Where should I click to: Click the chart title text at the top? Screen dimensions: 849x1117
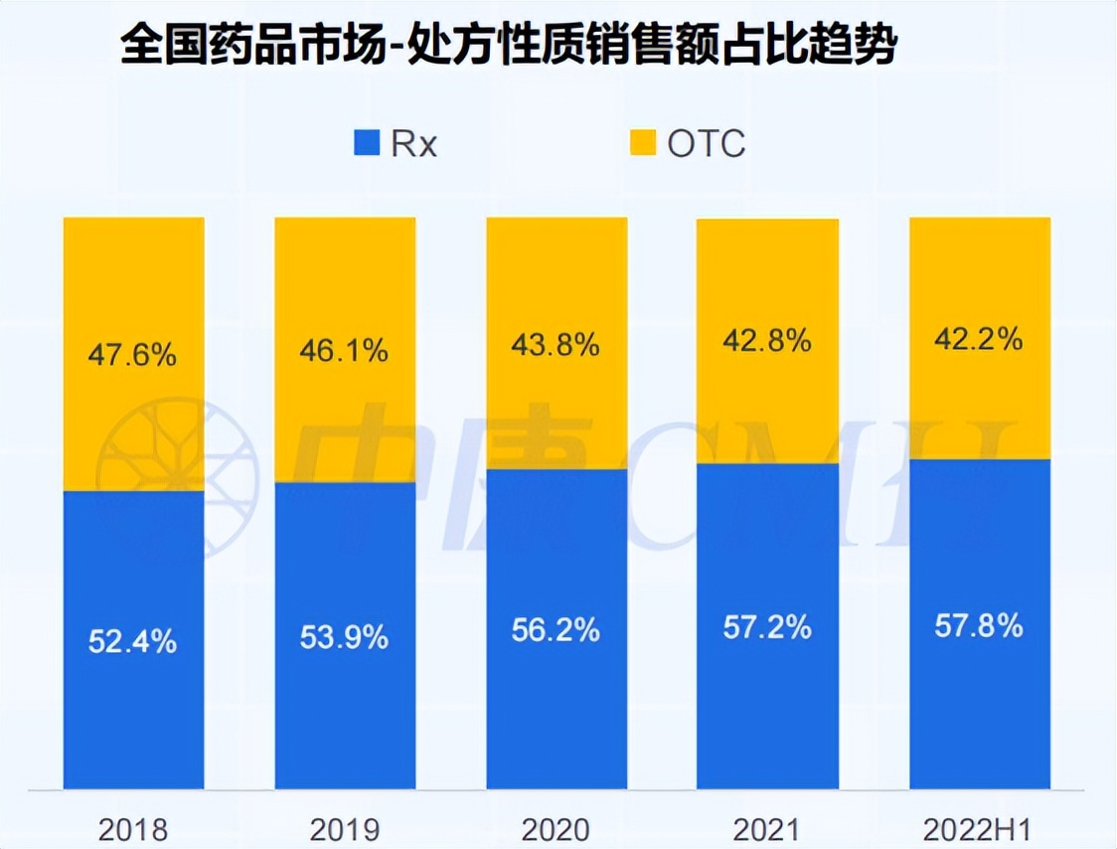click(x=508, y=45)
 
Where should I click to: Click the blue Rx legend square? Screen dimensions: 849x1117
click(x=367, y=143)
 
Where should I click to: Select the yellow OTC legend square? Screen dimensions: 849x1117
click(x=643, y=143)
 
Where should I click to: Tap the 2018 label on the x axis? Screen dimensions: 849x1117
click(x=134, y=828)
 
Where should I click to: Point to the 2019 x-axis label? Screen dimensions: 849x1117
click(x=345, y=828)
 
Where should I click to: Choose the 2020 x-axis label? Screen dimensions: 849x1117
click(x=556, y=828)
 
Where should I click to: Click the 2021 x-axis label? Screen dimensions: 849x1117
click(x=767, y=828)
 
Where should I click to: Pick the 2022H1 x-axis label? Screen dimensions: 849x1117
click(x=979, y=828)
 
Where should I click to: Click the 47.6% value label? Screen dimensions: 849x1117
click(x=133, y=355)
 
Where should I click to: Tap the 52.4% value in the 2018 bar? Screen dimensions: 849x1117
click(x=133, y=641)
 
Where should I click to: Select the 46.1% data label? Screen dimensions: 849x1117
click(x=345, y=351)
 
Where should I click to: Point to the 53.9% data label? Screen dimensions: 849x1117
click(x=345, y=636)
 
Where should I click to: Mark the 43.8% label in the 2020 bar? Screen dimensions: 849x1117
click(x=556, y=345)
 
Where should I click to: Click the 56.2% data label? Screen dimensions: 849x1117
click(x=556, y=629)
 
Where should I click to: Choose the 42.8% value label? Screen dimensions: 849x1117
click(x=767, y=341)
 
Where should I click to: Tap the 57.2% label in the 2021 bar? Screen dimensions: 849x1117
click(x=767, y=627)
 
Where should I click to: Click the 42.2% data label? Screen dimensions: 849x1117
click(x=979, y=339)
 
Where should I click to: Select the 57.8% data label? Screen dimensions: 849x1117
click(x=979, y=625)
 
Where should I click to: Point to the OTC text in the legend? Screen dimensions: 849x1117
click(x=706, y=144)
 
